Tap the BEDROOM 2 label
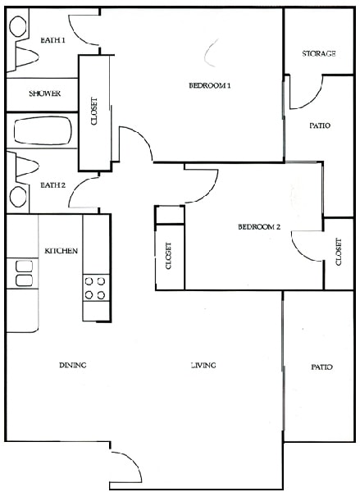[260, 227]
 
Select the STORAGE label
[319, 54]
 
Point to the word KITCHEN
[61, 250]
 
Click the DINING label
[73, 366]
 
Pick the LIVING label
[203, 366]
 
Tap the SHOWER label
[45, 93]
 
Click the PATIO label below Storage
[320, 126]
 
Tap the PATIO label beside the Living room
[322, 367]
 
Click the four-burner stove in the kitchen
[94, 287]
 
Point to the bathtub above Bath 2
[41, 131]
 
